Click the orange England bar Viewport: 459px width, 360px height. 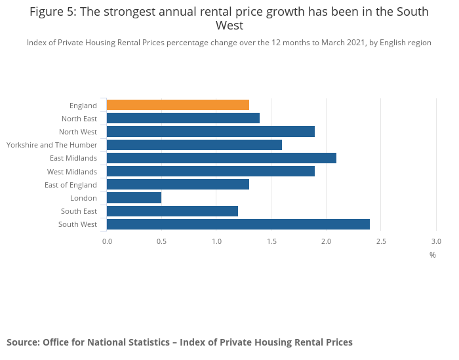(178, 105)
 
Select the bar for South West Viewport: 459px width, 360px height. (238, 224)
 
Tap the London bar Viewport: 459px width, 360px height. (134, 198)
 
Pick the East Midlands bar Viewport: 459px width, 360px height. (222, 158)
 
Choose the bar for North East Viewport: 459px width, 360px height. (183, 118)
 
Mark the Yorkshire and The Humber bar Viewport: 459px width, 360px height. (194, 145)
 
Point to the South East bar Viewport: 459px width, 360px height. (172, 211)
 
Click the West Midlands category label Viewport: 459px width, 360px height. (72, 172)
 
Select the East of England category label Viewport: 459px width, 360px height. (71, 185)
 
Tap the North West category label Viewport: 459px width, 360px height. (78, 132)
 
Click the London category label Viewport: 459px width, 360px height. (83, 198)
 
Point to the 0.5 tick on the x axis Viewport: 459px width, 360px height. (162, 241)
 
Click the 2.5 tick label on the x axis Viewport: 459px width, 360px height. (381, 241)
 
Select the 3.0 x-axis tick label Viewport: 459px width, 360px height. (436, 241)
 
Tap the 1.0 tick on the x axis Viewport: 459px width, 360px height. (216, 241)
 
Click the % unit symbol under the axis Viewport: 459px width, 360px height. (433, 255)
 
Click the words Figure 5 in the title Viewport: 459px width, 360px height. (52, 12)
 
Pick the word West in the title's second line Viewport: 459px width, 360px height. (229, 26)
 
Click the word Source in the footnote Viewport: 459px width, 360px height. (22, 342)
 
